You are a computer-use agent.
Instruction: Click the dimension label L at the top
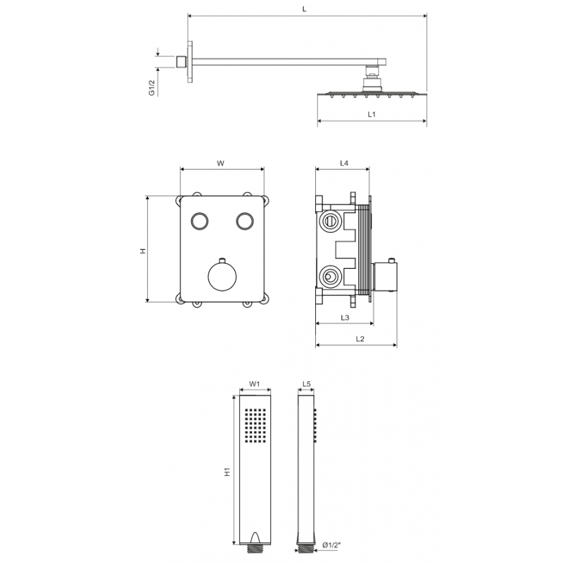(x=305, y=9)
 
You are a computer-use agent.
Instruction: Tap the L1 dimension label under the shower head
(x=372, y=114)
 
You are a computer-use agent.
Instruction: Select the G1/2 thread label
(x=152, y=87)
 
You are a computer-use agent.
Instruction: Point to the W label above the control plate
(x=220, y=163)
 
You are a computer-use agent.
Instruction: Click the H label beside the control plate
(x=144, y=251)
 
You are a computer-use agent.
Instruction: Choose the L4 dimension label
(x=344, y=163)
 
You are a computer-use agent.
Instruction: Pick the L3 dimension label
(x=345, y=318)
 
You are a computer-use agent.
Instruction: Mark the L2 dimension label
(x=360, y=339)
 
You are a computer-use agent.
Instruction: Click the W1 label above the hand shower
(x=255, y=384)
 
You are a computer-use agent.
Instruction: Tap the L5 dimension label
(x=306, y=384)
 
